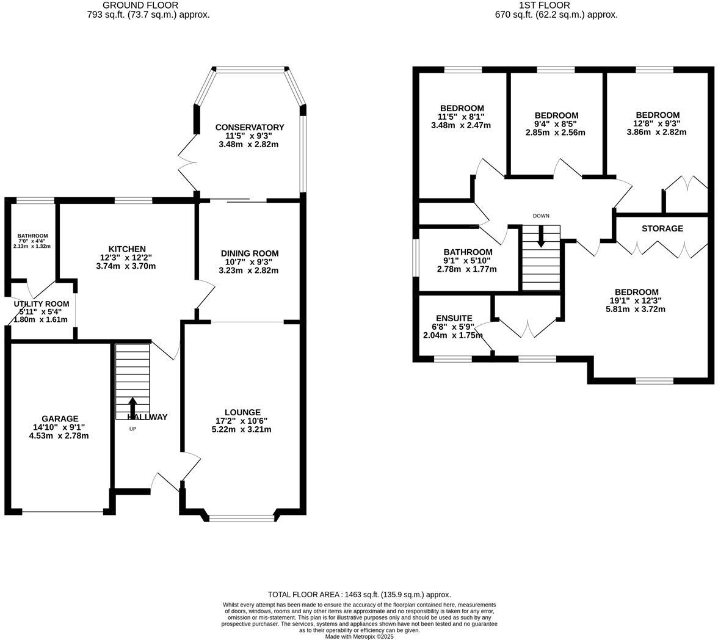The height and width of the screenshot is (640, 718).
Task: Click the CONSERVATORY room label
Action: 249,127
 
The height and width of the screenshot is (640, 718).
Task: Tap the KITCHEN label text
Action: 127,249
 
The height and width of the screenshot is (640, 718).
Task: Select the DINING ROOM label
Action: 249,253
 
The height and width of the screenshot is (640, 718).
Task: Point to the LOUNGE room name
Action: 242,412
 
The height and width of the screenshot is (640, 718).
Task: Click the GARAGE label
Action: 60,418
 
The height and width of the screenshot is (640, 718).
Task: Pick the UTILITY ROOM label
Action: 42,304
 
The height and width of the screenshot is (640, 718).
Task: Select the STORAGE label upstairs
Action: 662,228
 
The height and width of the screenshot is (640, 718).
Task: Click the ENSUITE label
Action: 454,318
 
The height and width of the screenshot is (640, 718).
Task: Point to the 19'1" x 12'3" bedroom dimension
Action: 637,300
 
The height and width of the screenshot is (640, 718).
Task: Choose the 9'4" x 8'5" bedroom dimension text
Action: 556,124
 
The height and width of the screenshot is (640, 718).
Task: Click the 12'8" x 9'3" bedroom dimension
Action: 657,123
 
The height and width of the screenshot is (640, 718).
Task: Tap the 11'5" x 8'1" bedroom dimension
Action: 461,117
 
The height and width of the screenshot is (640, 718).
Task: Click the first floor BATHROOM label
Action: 468,252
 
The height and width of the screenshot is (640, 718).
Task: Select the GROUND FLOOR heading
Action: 140,5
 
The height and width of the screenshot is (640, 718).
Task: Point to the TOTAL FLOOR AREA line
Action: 359,594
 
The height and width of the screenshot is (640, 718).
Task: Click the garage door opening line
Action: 62,512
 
